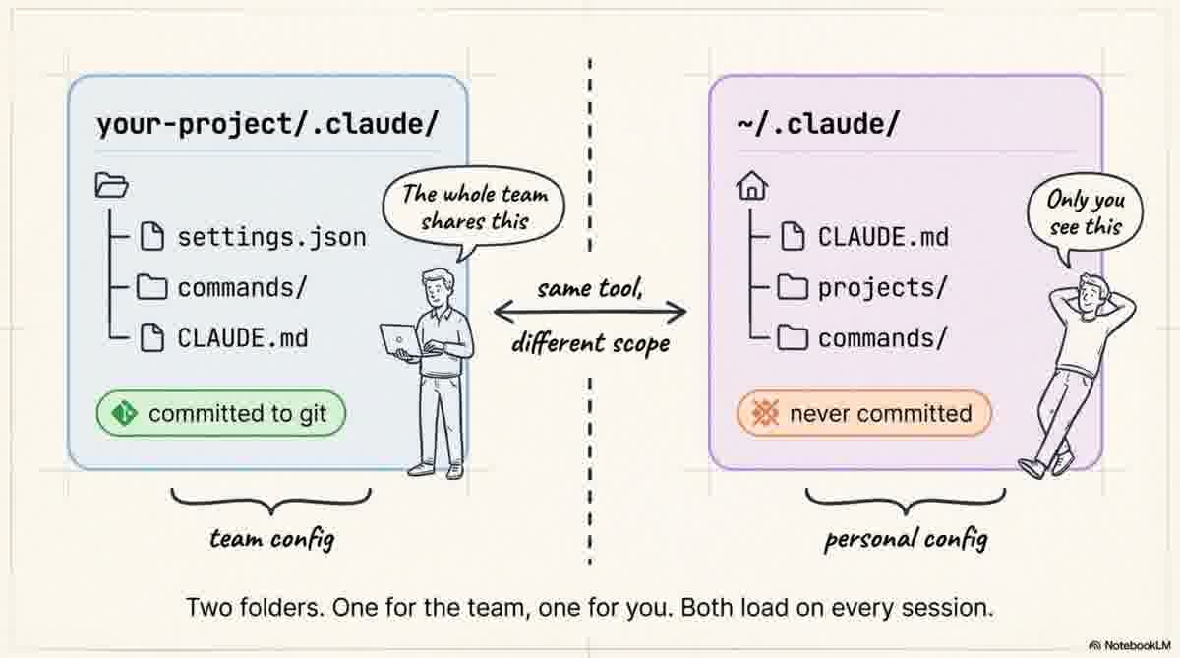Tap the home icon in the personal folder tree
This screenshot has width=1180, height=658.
(x=751, y=187)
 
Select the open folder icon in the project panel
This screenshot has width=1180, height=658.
(x=111, y=185)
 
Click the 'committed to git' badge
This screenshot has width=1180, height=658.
(x=221, y=414)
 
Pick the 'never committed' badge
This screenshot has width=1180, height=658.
(x=864, y=414)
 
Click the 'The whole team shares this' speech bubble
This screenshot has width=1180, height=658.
(x=474, y=208)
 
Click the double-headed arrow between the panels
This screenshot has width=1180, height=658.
(x=589, y=313)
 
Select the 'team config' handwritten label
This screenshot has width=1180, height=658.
(x=270, y=538)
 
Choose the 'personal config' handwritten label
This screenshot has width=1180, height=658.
(x=905, y=539)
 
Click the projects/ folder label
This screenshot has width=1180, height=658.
(x=882, y=287)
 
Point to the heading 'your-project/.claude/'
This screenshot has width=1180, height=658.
(x=265, y=125)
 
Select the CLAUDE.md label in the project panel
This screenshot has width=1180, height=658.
(x=242, y=338)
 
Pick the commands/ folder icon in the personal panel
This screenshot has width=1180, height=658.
(x=793, y=338)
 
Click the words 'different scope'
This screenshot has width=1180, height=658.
(x=590, y=344)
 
